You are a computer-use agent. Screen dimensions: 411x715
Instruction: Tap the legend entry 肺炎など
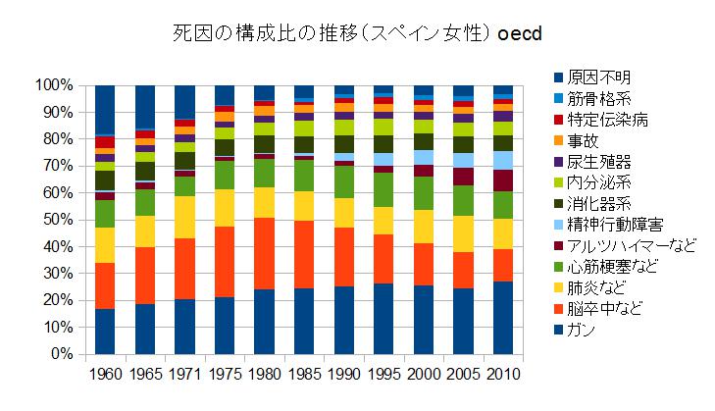click(x=596, y=286)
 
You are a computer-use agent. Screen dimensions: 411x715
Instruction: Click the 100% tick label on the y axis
click(x=53, y=85)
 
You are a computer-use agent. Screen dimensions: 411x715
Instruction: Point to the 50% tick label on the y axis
click(x=57, y=220)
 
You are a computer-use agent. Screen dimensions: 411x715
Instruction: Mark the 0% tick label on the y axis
click(x=61, y=353)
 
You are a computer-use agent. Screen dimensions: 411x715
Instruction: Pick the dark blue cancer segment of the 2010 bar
click(x=502, y=317)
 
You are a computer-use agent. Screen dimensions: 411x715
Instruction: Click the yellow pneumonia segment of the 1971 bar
click(x=183, y=217)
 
